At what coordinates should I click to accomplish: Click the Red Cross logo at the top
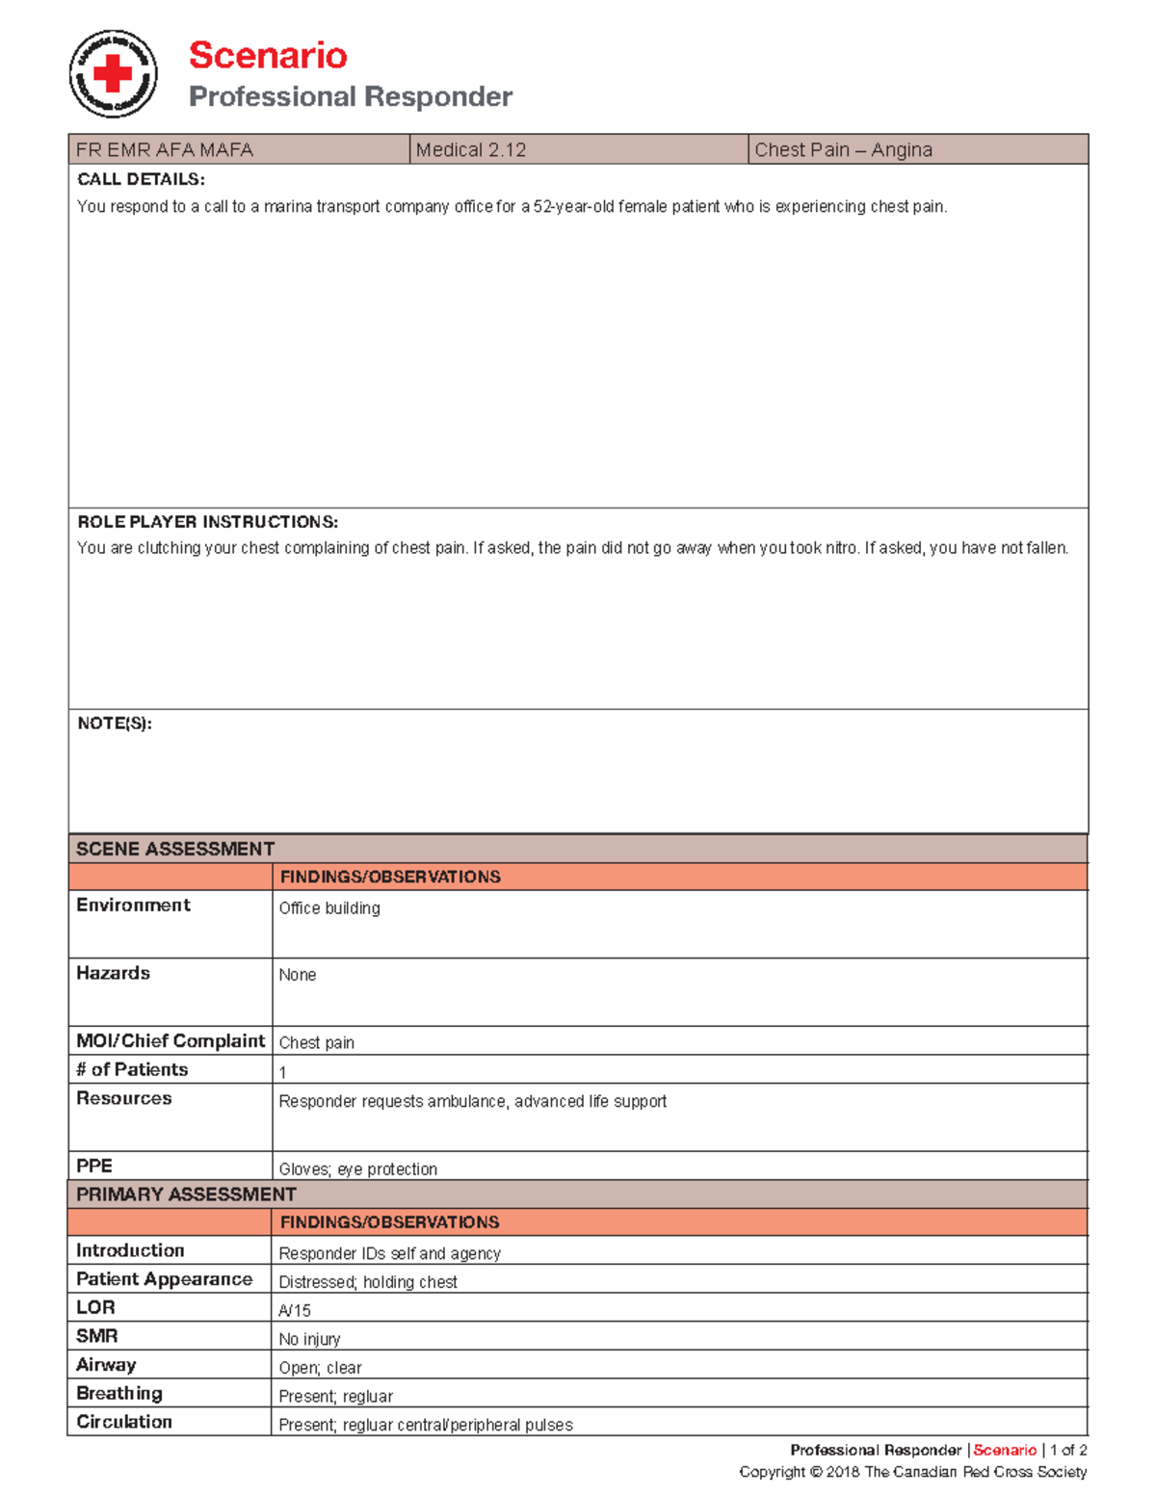[x=113, y=74]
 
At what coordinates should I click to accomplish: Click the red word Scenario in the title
[x=267, y=55]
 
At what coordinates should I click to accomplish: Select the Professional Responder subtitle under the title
[x=350, y=96]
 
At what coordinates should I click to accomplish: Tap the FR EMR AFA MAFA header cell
[x=165, y=149]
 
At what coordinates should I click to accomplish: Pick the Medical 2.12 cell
[x=471, y=149]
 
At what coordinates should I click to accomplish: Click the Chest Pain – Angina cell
[x=843, y=149]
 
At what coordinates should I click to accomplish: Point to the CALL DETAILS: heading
[x=141, y=179]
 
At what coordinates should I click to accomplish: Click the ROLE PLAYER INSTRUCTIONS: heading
[x=207, y=522]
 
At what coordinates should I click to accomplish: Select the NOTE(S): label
[x=115, y=723]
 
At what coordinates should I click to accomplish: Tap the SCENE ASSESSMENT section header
[x=175, y=849]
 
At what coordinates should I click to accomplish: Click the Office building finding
[x=329, y=908]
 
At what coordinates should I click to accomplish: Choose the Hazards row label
[x=113, y=973]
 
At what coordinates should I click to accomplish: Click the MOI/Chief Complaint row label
[x=171, y=1040]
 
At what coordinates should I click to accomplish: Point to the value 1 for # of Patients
[x=282, y=1072]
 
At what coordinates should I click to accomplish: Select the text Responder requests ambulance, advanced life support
[x=472, y=1101]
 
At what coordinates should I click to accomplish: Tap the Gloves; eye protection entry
[x=357, y=1168]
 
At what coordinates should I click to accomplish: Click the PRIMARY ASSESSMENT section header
[x=186, y=1194]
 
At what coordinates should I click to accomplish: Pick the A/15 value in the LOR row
[x=295, y=1310]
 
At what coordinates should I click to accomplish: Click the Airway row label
[x=106, y=1364]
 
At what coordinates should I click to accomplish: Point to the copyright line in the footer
[x=912, y=1472]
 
